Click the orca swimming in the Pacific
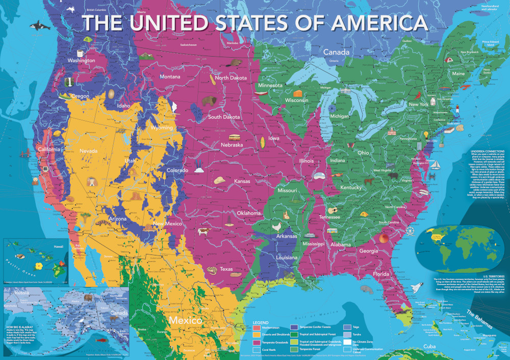point(36,25)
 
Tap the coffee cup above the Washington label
point(80,53)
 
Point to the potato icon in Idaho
point(111,94)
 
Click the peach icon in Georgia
point(382,239)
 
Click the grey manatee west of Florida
point(366,288)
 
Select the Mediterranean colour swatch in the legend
point(257,327)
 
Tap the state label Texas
point(226,269)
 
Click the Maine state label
point(458,73)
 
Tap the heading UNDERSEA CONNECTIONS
point(485,151)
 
